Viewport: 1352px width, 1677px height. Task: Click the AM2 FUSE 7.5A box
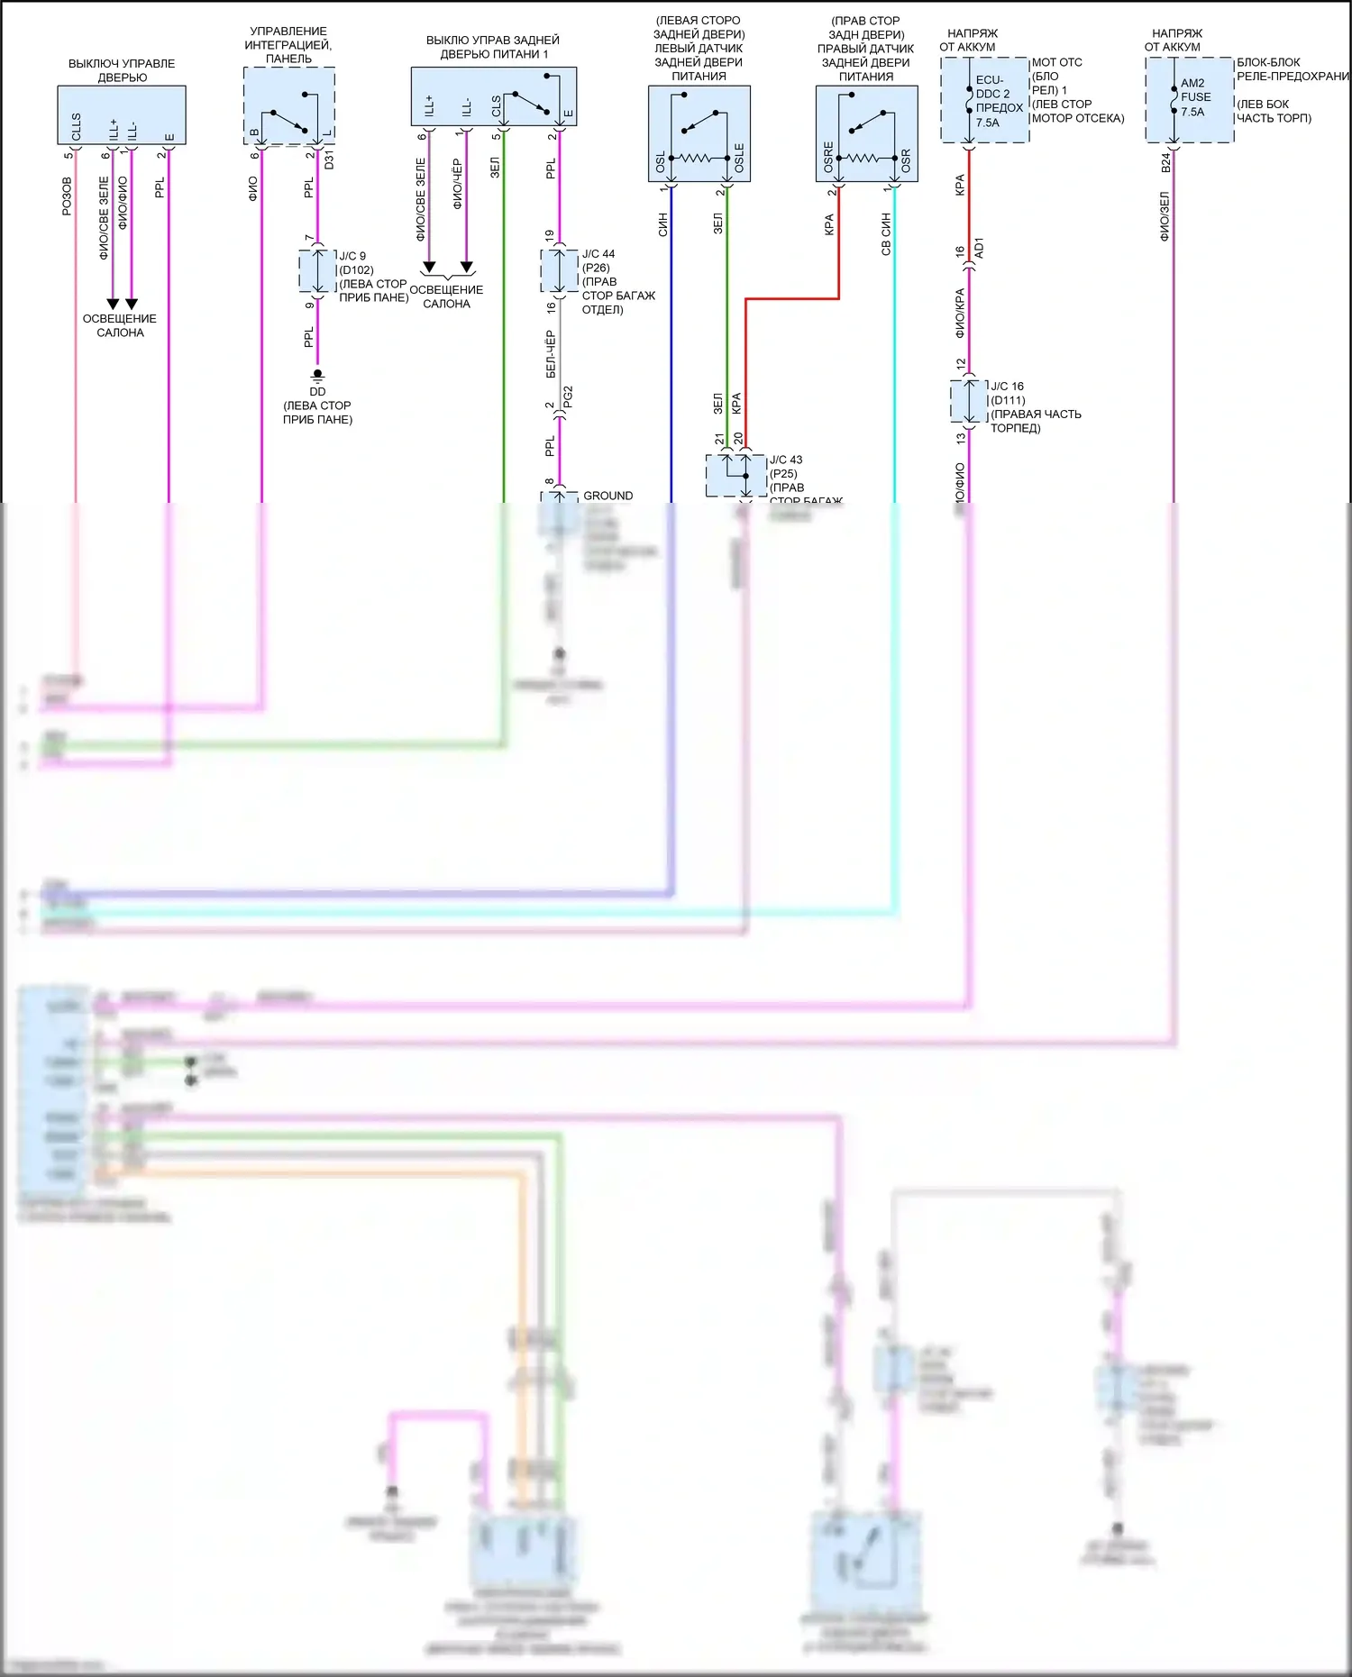tap(1189, 99)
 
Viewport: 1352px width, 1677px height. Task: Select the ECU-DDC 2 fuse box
tap(984, 100)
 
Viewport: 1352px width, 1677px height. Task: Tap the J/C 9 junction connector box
tap(317, 270)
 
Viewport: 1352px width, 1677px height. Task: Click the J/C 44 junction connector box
tap(559, 270)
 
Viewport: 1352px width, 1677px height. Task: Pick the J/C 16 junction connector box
tap(969, 401)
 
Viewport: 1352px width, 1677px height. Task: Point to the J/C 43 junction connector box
tap(735, 476)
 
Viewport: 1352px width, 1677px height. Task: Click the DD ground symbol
tap(317, 374)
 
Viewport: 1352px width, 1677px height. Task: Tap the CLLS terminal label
tap(77, 127)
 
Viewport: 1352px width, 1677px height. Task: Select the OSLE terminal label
tap(739, 159)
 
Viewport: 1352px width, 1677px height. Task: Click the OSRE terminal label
tap(828, 158)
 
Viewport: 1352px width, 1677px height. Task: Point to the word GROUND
tap(607, 496)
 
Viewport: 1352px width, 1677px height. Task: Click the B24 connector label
tap(1165, 162)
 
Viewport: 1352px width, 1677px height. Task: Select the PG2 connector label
tap(568, 397)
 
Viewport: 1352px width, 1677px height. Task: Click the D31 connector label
tap(329, 160)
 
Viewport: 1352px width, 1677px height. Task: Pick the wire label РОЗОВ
tap(67, 196)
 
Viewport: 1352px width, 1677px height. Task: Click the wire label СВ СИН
tap(886, 234)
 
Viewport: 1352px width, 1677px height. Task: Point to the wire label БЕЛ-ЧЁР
tap(551, 354)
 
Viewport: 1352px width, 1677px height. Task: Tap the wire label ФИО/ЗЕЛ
tap(1165, 216)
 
